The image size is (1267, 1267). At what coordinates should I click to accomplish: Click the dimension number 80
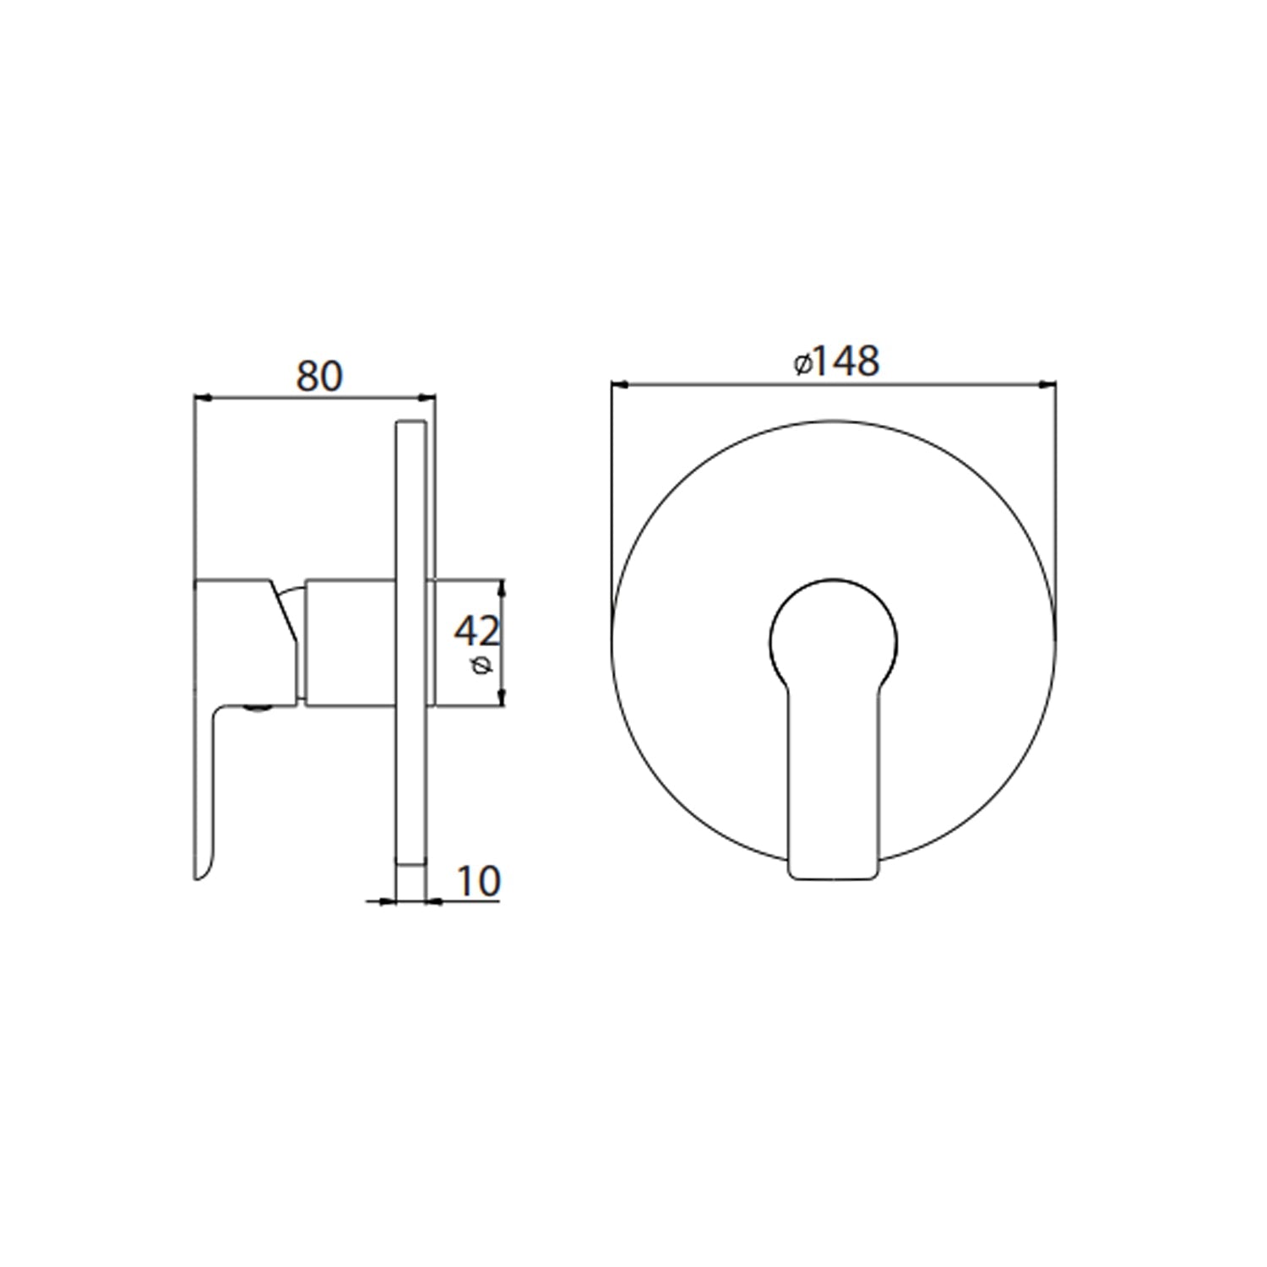[x=319, y=376]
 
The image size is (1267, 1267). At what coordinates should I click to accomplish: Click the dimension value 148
[x=847, y=362]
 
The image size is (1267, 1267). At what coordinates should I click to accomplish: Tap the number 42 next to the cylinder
[x=477, y=630]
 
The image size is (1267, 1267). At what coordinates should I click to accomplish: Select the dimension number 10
[x=478, y=881]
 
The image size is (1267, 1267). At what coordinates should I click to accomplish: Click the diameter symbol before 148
[x=802, y=364]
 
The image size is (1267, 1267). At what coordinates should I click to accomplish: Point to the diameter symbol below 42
[x=482, y=666]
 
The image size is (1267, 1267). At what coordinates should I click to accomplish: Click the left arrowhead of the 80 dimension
[x=202, y=395]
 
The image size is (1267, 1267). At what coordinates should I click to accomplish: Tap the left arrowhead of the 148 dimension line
[x=619, y=385]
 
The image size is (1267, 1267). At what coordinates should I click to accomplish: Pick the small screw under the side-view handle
[x=258, y=710]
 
